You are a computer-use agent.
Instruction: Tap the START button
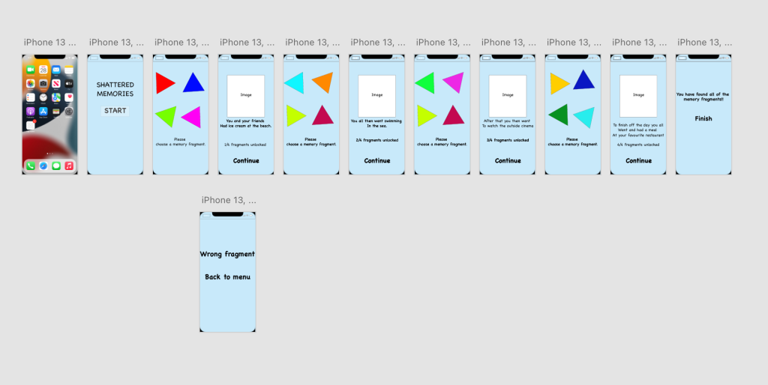coord(115,111)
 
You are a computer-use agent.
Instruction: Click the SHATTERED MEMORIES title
coord(115,90)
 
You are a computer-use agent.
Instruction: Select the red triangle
coord(163,82)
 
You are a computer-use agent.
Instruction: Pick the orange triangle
coord(322,82)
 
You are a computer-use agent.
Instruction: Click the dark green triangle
coord(559,114)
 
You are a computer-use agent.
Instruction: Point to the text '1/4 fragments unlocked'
coord(246,145)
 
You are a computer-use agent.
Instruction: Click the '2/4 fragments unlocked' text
coord(377,140)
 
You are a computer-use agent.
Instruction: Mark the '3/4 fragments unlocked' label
coord(508,140)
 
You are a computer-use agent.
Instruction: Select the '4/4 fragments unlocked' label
coord(638,145)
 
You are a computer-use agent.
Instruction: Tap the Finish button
coord(703,118)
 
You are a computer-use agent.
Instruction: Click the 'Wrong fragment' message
coord(227,254)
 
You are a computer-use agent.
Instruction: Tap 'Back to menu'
coord(227,277)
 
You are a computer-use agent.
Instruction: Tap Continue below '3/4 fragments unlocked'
coord(508,160)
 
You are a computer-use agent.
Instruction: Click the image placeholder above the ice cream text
coord(246,95)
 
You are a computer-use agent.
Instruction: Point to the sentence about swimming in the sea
coord(377,124)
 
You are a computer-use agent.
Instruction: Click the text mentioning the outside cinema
coord(508,124)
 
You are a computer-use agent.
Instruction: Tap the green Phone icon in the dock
coord(31,166)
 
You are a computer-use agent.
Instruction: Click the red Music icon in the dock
coord(68,166)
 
